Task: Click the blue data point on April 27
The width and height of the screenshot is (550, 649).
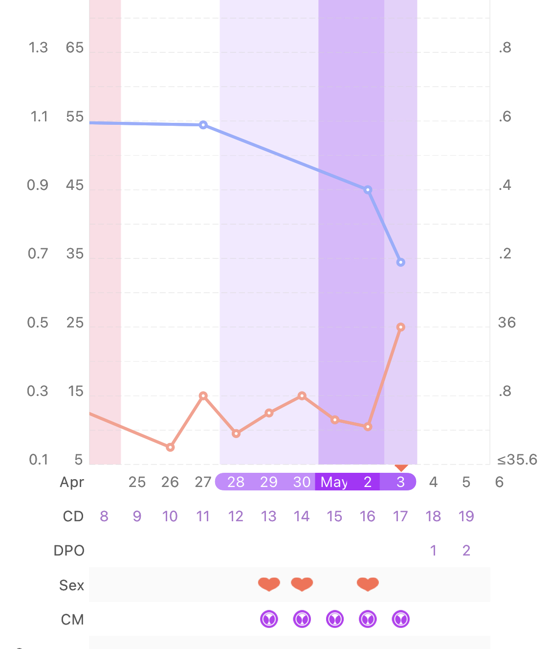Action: [203, 125]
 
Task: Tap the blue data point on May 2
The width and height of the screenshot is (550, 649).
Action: [368, 190]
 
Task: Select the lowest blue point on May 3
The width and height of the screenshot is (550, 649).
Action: [401, 262]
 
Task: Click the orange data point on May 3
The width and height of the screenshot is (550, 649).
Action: [401, 327]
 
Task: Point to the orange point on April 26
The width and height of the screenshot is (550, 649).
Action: [170, 447]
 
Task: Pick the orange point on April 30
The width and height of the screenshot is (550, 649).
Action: [302, 395]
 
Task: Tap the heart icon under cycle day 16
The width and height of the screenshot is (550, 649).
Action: [368, 584]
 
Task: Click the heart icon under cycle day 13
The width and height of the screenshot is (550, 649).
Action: [269, 584]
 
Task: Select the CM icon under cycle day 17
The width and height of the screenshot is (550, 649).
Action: [401, 619]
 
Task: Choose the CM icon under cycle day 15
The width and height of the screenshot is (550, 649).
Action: [335, 619]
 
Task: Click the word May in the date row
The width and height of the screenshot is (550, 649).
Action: [334, 482]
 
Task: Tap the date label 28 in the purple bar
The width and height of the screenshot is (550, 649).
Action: [236, 482]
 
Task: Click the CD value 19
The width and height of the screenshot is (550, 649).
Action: [466, 516]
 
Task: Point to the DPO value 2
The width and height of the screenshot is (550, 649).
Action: [466, 551]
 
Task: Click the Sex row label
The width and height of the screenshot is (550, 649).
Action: [71, 585]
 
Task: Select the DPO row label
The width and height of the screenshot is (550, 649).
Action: [69, 551]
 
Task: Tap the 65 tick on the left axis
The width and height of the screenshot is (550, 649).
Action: [75, 48]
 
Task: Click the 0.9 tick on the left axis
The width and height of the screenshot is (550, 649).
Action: [38, 185]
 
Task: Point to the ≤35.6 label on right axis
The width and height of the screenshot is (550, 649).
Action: [517, 460]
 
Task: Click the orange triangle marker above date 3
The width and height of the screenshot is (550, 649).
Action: [401, 468]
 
